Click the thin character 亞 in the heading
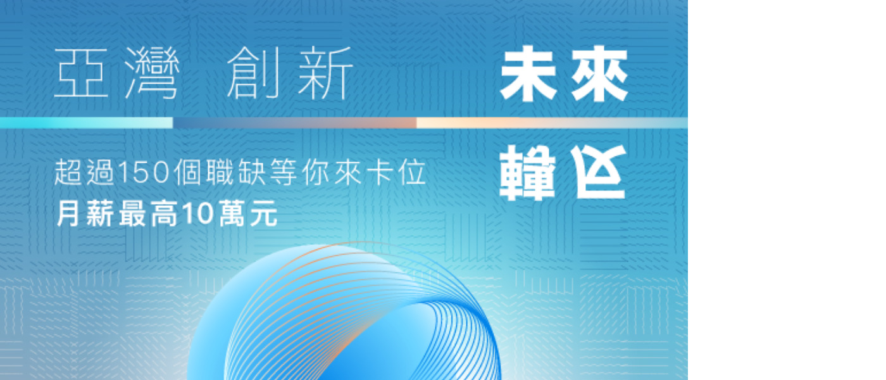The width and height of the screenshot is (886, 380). pos(81,73)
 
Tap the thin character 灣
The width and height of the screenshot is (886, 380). pos(153,73)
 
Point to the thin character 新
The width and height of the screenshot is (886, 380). pos(325,73)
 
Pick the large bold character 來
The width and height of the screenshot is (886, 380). pos(600,73)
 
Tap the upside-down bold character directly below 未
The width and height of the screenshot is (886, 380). pos(528,172)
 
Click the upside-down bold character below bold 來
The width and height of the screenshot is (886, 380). pos(599,172)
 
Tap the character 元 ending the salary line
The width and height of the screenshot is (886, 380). pos(263,214)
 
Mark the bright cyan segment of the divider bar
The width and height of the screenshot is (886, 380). pos(86,123)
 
